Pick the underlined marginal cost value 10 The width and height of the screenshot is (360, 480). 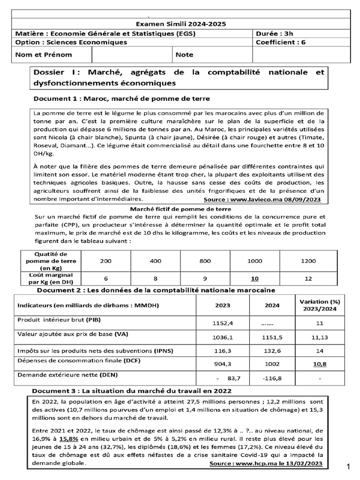coord(255,278)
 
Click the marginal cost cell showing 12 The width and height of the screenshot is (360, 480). coord(308,278)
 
